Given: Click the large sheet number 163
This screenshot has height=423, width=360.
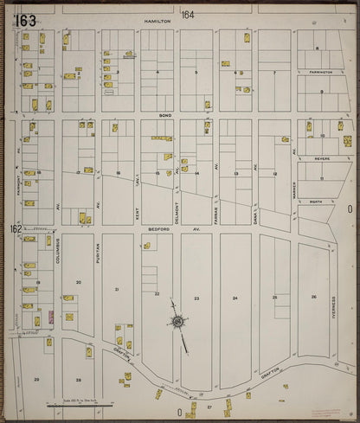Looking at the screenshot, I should point(25,20).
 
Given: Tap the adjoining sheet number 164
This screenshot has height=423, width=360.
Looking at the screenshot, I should point(188,16).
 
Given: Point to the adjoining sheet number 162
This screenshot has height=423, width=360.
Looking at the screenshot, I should point(15,229).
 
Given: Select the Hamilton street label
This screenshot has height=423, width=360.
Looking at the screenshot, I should point(157,18).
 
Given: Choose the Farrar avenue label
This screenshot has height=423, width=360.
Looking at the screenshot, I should point(216,208).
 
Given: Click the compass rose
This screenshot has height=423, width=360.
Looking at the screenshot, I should point(178,323).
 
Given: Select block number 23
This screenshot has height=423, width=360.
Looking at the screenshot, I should point(196,298).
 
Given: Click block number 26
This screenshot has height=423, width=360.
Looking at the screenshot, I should point(313,297).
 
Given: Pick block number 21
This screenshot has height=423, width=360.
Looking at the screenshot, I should point(117,289).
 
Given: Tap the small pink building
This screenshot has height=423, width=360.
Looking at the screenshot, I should point(51,317).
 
